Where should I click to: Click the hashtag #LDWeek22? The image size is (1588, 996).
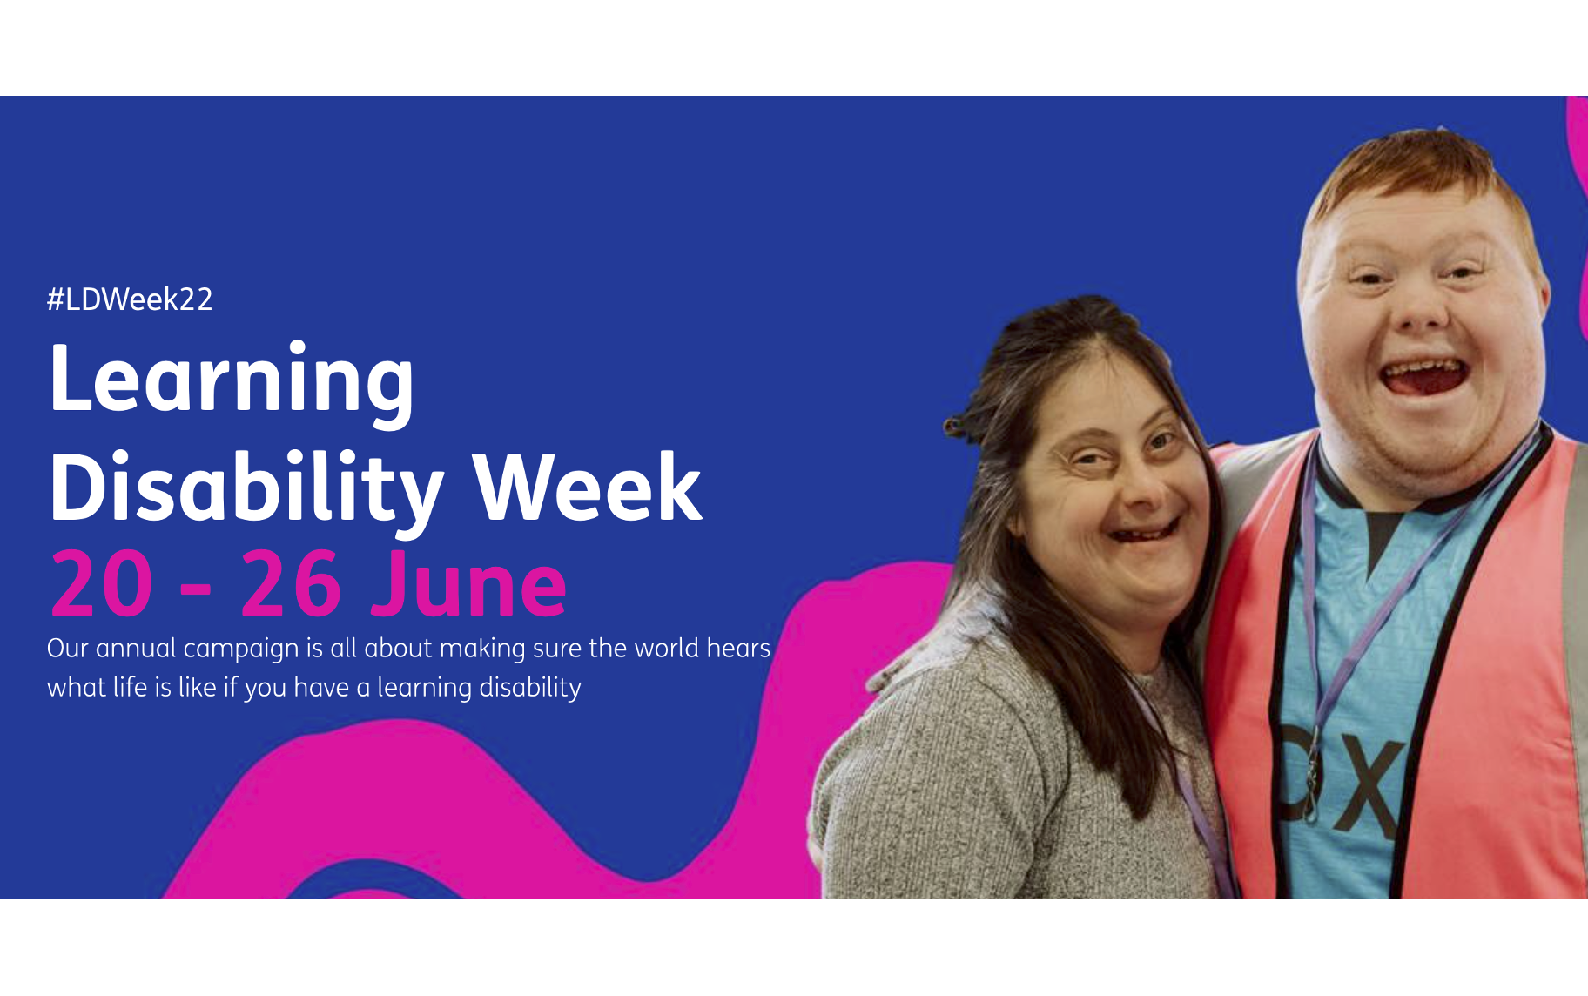coord(130,299)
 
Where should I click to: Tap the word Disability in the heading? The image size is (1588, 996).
coord(246,489)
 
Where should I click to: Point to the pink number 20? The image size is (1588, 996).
coord(102,583)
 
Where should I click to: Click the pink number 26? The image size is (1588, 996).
coord(290,583)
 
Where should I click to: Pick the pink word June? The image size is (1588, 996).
coord(468,583)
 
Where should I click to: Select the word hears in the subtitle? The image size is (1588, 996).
coord(738,649)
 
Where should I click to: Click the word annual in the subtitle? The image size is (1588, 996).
coord(136,649)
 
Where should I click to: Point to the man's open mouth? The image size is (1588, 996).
coord(1425,375)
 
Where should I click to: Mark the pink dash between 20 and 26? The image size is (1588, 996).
coord(197,589)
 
